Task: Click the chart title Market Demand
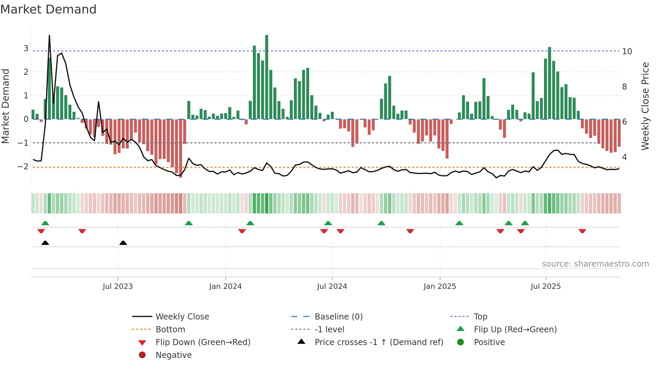48,9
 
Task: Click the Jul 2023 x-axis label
118,286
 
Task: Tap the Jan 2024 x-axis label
225,286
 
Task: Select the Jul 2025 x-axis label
546,286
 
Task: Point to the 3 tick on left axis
26,48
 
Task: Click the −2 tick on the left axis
23,166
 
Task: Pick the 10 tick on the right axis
627,52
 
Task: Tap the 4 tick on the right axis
624,157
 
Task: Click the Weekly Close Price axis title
645,106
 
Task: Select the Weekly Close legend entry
182,316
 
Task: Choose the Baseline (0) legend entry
338,316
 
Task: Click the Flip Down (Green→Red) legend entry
203,342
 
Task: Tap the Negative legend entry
173,355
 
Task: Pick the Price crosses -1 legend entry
379,342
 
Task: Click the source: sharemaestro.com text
595,264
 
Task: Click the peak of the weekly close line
49,36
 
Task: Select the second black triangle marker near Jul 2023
123,243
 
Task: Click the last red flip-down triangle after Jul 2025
582,231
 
